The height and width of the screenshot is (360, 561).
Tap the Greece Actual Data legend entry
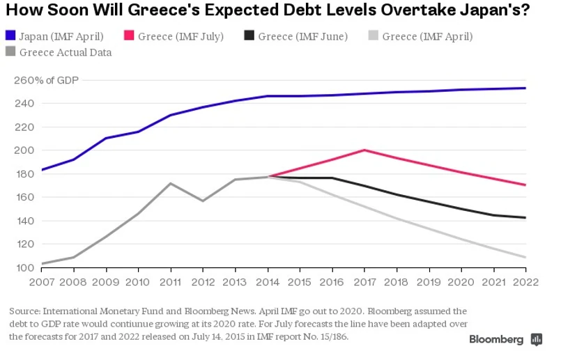(59, 52)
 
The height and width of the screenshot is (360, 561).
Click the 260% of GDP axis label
(47, 80)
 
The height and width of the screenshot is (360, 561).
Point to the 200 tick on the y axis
(23, 150)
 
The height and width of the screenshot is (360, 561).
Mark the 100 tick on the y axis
(23, 267)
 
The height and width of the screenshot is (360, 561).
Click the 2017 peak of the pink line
(364, 150)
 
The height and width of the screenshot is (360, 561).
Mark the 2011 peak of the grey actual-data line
(171, 183)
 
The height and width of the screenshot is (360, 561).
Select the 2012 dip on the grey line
(203, 201)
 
